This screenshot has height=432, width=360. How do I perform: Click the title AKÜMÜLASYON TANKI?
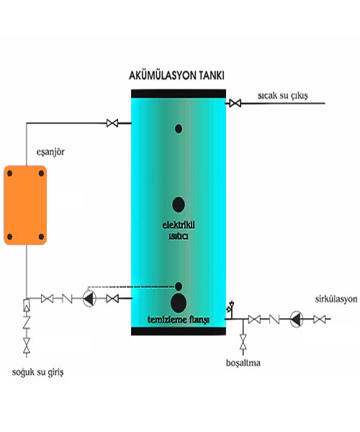(x=176, y=76)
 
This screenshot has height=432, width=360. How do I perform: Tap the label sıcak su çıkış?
(x=283, y=96)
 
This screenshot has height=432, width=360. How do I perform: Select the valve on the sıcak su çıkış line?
(x=235, y=104)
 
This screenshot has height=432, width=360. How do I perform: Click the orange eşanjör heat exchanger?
(x=25, y=205)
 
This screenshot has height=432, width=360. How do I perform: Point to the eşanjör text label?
(x=50, y=152)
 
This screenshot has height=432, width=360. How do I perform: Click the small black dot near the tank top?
(x=179, y=129)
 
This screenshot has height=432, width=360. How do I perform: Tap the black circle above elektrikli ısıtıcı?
(x=179, y=204)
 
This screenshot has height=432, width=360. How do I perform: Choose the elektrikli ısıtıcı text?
(x=179, y=230)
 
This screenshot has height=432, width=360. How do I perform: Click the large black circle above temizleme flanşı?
(x=179, y=303)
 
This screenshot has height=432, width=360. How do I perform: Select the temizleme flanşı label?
(x=179, y=320)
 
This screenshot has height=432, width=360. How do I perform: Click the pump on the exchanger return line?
(x=89, y=298)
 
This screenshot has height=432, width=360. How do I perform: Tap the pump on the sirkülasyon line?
(x=297, y=319)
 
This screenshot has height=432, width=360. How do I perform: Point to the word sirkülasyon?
(x=336, y=300)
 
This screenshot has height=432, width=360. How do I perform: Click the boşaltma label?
(x=243, y=363)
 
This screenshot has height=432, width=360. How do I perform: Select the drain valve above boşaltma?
(x=243, y=341)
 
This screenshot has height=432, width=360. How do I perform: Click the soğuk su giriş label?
(x=37, y=372)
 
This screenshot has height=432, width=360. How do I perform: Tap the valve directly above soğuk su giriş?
(x=27, y=346)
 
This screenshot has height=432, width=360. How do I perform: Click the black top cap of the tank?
(x=179, y=94)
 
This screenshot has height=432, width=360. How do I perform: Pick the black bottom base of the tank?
(x=179, y=331)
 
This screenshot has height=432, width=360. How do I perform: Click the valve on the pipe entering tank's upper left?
(x=112, y=123)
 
